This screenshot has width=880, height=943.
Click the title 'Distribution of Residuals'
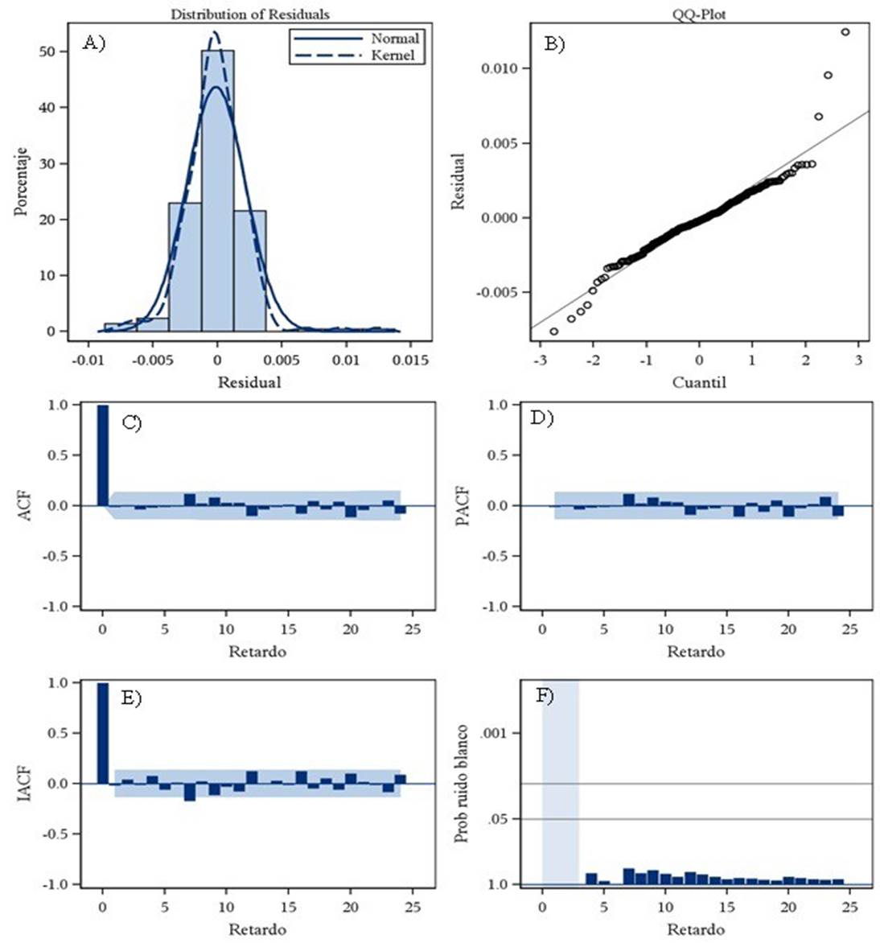[x=250, y=14]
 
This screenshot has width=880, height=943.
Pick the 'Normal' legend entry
[x=394, y=39]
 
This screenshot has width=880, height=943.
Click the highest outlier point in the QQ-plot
[x=845, y=32]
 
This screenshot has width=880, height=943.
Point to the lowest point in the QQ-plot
[x=553, y=331]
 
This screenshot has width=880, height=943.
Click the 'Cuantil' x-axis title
[x=699, y=382]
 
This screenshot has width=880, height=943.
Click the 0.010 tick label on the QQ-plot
[x=500, y=68]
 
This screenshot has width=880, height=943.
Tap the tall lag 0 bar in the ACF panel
[x=102, y=455]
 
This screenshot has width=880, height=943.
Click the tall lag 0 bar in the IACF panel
[x=102, y=733]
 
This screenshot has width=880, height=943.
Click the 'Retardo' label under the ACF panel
[x=257, y=651]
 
